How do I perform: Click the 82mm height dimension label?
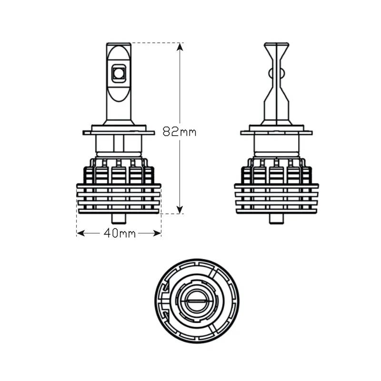click(179, 131)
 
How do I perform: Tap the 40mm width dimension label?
click(119, 233)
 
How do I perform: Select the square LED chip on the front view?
click(118, 73)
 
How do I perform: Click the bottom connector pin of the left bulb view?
click(118, 219)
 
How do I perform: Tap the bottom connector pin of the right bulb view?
click(276, 219)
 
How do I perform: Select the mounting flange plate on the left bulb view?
click(118, 132)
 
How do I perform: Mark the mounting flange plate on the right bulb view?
click(276, 132)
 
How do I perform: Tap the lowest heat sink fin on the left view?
click(119, 211)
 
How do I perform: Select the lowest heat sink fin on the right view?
click(276, 211)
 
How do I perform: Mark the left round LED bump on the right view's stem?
click(270, 73)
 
